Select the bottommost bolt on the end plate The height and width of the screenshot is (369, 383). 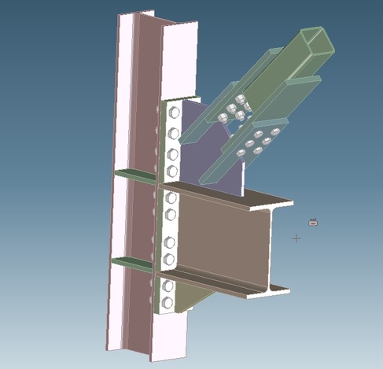[167, 301]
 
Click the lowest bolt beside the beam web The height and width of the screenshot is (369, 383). [168, 259]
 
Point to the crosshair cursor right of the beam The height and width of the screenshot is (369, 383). [296, 238]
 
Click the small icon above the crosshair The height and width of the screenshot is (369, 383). [312, 223]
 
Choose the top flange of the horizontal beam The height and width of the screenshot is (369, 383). [236, 197]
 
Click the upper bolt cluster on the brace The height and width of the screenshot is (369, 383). [236, 110]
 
